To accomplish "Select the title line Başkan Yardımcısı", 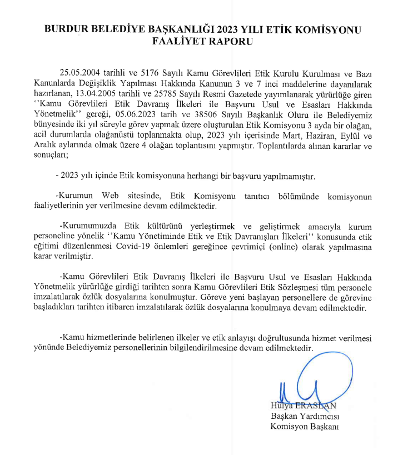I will point(305,416).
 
